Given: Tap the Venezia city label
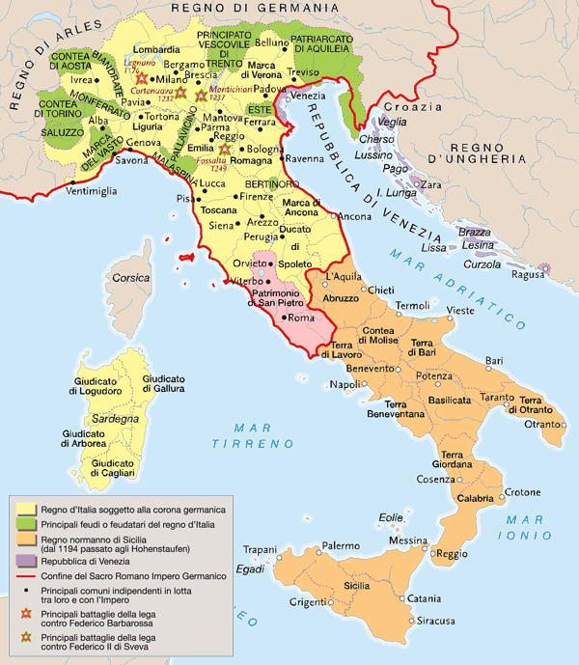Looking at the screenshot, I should point(308,95).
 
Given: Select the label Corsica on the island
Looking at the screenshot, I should point(131,278).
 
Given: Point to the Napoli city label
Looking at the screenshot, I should point(344,384).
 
